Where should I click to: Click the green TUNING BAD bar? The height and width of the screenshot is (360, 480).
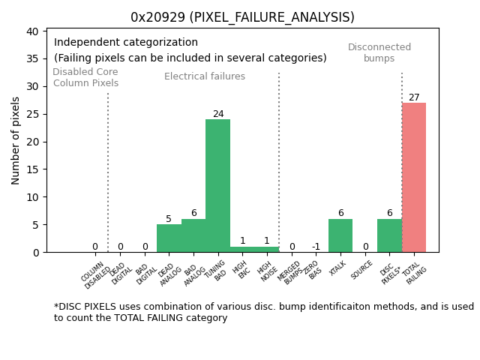[x=217, y=185]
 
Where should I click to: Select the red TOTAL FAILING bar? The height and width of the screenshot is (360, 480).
[x=414, y=177]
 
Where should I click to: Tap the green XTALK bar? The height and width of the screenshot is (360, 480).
[x=340, y=235]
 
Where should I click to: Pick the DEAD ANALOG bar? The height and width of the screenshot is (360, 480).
[x=169, y=238]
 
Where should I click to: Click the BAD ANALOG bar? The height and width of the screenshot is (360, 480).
[x=193, y=235]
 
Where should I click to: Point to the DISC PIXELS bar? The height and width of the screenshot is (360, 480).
[x=389, y=235]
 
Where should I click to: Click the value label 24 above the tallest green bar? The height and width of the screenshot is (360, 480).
[x=218, y=115]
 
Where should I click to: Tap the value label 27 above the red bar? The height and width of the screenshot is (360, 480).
[x=414, y=97]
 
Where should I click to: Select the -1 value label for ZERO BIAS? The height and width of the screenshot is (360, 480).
[x=316, y=247]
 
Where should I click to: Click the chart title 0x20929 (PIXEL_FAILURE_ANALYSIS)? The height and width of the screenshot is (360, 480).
[x=242, y=17]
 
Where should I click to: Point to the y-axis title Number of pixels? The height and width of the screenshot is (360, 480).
[x=16, y=140]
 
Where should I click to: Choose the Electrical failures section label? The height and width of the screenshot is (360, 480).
[x=205, y=76]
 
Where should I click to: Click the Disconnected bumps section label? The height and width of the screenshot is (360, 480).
[x=379, y=52]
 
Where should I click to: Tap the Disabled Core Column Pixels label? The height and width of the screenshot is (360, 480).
[x=85, y=77]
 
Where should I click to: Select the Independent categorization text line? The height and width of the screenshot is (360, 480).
[x=126, y=43]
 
